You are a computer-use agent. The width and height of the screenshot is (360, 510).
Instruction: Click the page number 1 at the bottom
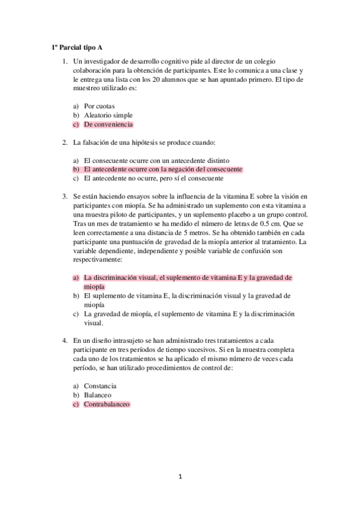[x=179, y=476]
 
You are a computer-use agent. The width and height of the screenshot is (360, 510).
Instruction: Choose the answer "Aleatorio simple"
[x=108, y=115]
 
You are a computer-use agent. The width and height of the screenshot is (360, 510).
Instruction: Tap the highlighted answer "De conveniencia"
[x=108, y=124]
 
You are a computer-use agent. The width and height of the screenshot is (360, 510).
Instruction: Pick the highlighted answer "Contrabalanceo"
[x=106, y=405]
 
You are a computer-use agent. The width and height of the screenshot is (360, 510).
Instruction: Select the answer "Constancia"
[x=100, y=386]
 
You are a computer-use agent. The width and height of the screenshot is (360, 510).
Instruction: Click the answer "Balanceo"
[x=97, y=395]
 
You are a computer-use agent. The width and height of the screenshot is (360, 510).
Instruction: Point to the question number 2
[x=64, y=143]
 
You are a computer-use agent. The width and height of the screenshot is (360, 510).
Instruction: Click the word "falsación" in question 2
[x=96, y=143]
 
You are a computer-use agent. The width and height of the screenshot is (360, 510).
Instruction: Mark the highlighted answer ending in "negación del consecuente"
[x=163, y=170]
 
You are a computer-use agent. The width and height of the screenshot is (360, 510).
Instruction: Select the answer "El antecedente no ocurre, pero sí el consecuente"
[x=154, y=179]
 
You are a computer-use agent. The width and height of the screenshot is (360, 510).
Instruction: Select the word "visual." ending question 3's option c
[x=94, y=322]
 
